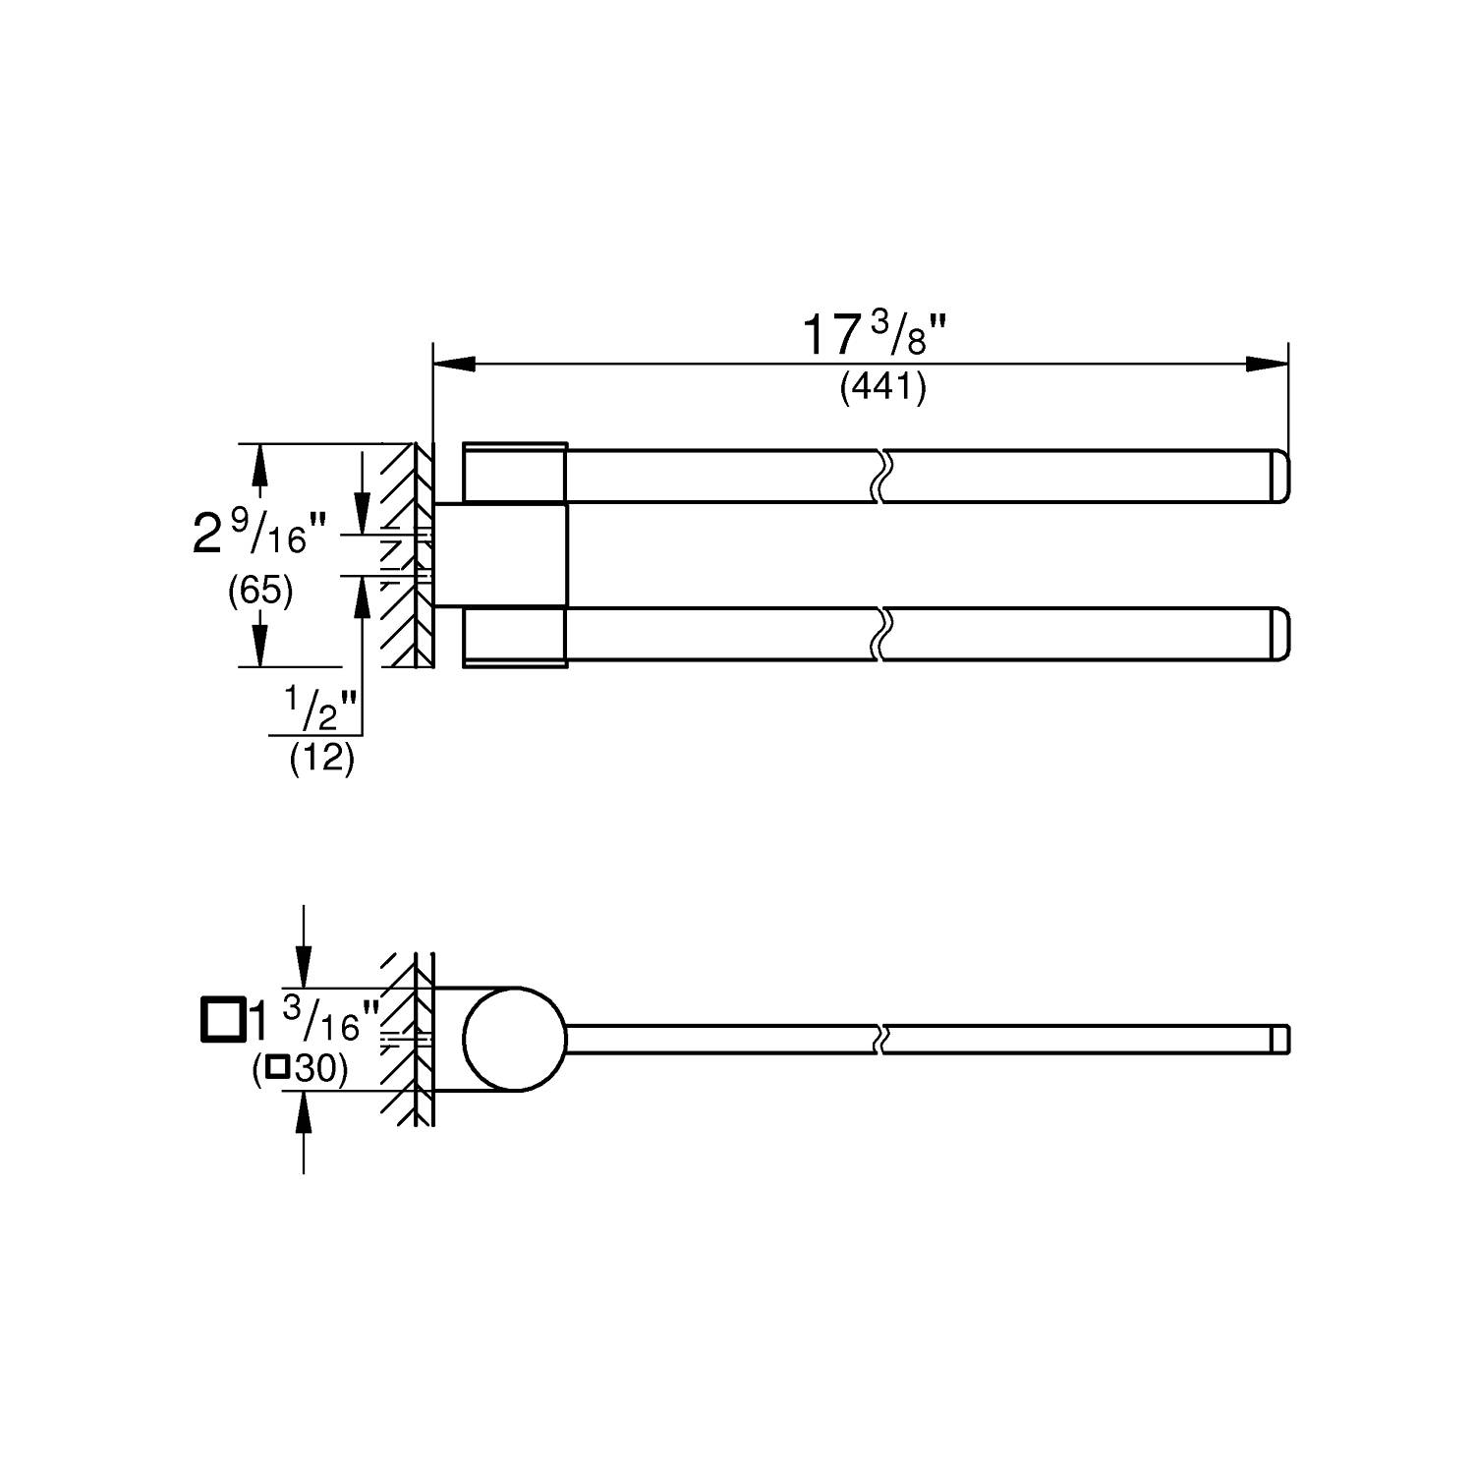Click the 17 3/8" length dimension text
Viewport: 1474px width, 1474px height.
click(x=875, y=336)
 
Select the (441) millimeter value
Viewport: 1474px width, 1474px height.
click(x=882, y=390)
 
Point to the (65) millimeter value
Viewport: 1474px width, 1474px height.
click(x=259, y=592)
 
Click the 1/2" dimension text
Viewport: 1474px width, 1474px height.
click(x=319, y=709)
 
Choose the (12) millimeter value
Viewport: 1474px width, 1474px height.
click(x=321, y=759)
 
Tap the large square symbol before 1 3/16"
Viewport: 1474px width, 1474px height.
click(x=221, y=1018)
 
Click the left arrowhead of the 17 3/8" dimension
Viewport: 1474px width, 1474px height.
click(x=452, y=364)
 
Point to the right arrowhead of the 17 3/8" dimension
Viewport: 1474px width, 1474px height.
click(x=1268, y=364)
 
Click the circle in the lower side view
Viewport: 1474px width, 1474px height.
click(x=515, y=1039)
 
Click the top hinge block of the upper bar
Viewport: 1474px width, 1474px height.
click(x=515, y=474)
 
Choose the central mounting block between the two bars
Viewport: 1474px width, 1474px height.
click(x=500, y=555)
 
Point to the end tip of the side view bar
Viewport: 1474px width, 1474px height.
click(x=1280, y=1039)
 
